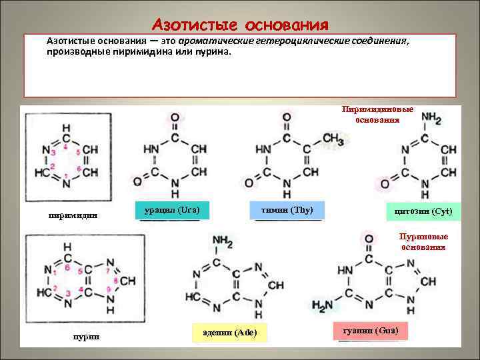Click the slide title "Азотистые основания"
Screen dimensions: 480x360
[x=240, y=25]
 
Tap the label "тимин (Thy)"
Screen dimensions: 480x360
[x=289, y=210]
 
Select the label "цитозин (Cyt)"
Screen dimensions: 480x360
[x=423, y=211]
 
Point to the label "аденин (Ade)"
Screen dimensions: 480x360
[x=229, y=332]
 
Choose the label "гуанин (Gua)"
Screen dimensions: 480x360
[x=369, y=331]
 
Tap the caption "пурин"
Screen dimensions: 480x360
[x=85, y=337]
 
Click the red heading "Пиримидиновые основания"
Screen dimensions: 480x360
[x=377, y=114]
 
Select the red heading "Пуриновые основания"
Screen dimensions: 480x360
[x=423, y=241]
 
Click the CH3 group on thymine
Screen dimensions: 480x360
[x=332, y=137]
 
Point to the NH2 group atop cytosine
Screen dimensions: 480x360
[x=431, y=118]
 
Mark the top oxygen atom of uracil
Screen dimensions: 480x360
[x=174, y=117]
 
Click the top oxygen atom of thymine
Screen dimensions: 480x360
[x=286, y=117]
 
